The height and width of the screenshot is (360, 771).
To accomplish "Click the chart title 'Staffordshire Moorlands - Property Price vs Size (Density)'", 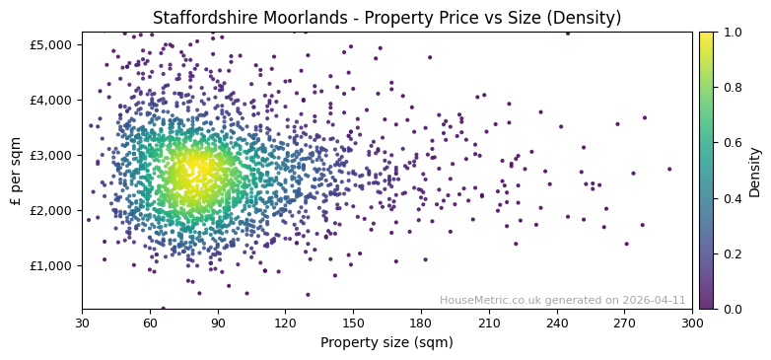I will [x=386, y=18].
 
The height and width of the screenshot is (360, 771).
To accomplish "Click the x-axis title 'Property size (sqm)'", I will [x=386, y=343].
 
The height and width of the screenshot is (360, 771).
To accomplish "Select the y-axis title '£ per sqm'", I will [x=16, y=170].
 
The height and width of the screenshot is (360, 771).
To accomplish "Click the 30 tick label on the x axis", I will [x=83, y=323].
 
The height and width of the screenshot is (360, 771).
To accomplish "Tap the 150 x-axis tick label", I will [x=353, y=323].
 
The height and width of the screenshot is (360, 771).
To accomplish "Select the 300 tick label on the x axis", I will [x=692, y=323].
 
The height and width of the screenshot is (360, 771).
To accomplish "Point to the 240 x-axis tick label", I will [x=557, y=323].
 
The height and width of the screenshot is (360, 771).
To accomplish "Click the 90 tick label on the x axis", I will [x=218, y=323].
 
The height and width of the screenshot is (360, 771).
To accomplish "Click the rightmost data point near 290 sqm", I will [x=669, y=169].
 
